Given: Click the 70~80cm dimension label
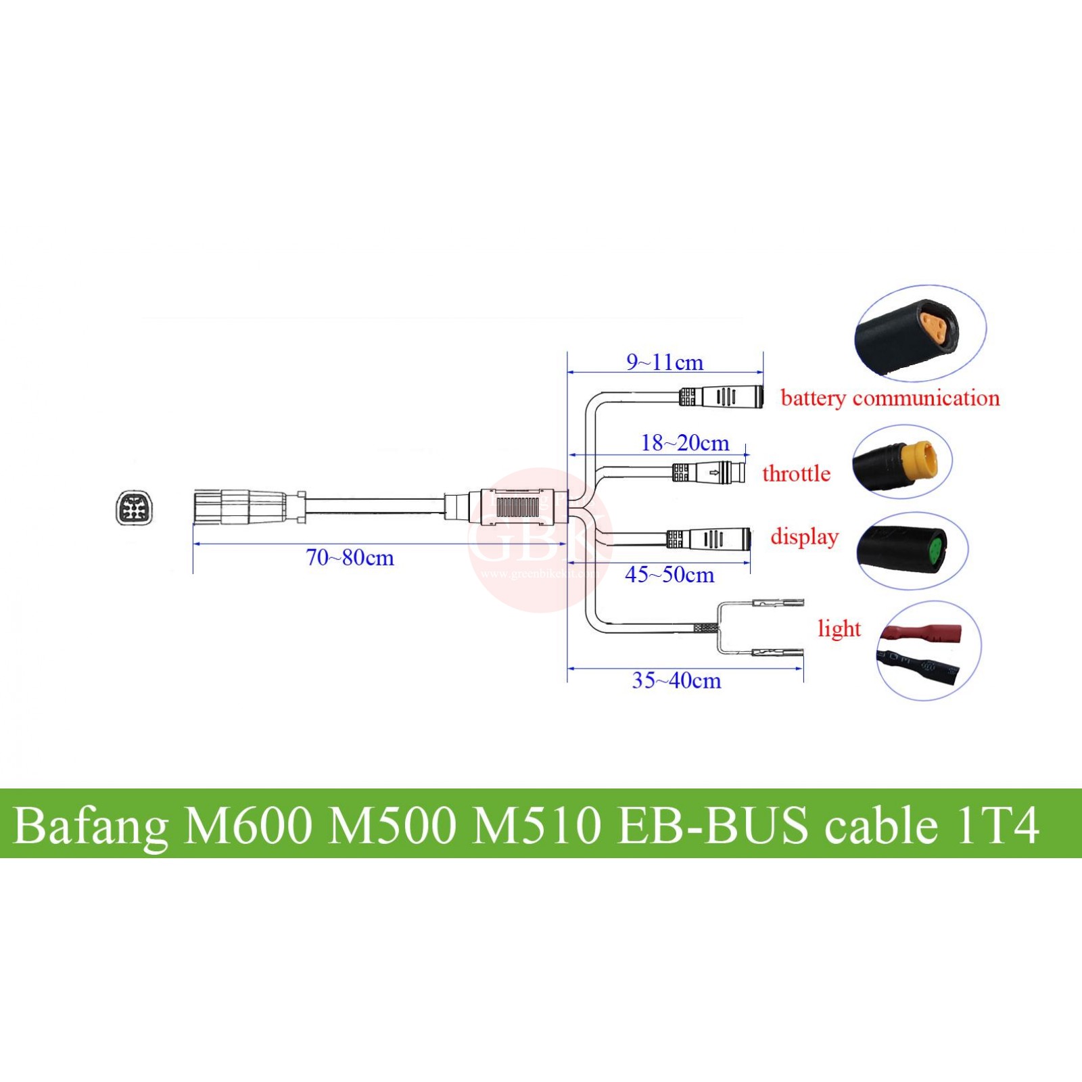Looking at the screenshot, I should tap(350, 558).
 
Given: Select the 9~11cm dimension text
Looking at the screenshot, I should tap(665, 362).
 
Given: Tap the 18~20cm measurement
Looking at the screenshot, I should tap(685, 443).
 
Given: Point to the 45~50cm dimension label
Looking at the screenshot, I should tap(669, 575).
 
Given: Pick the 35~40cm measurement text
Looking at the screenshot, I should tap(676, 680).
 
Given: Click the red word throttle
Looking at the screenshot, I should tap(796, 473).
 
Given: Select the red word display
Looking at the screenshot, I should tap(804, 536).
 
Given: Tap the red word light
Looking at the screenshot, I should tap(839, 629).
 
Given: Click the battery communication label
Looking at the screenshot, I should tap(890, 398).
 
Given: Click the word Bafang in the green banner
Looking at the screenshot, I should tap(91, 826).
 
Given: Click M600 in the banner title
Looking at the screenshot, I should tap(248, 826).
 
